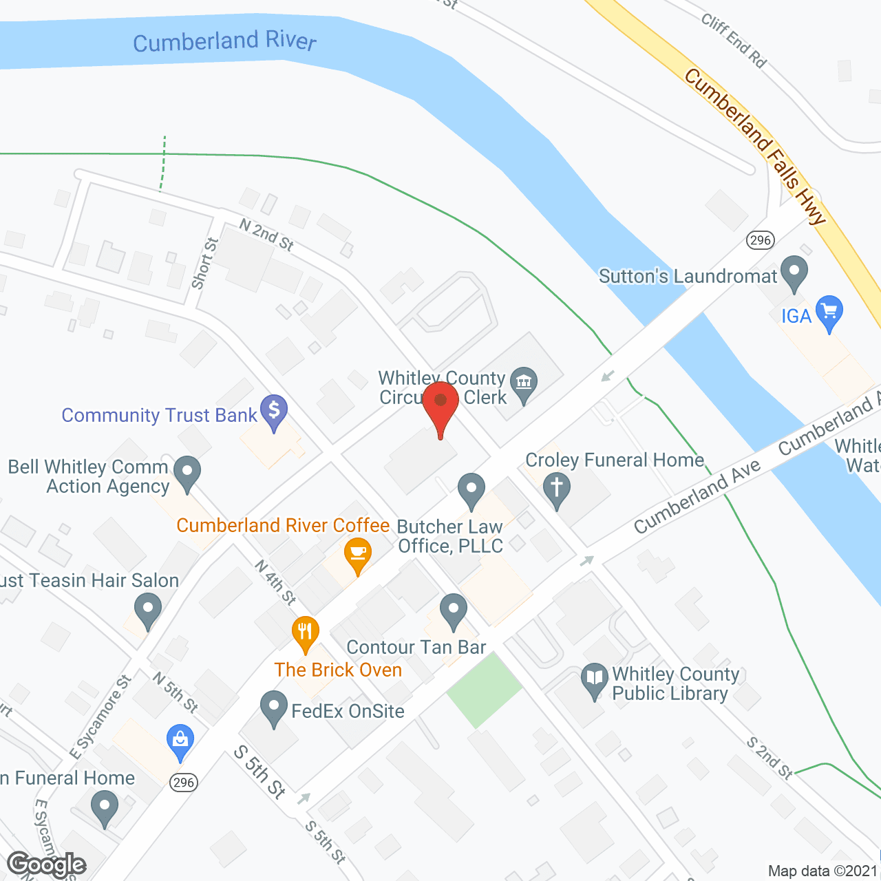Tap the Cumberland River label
point(224,41)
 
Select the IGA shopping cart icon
point(829,313)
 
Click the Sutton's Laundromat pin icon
point(795,273)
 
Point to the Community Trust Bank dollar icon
point(274,412)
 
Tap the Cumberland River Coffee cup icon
point(357,555)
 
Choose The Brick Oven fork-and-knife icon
point(305,634)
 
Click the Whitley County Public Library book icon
point(594,680)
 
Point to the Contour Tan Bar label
point(416,647)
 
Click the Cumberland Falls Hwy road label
point(754,146)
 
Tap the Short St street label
point(204,263)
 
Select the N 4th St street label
point(275,582)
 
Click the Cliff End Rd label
point(734,41)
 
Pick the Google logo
point(47,864)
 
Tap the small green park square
point(485,690)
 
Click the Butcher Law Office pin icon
point(471,490)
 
